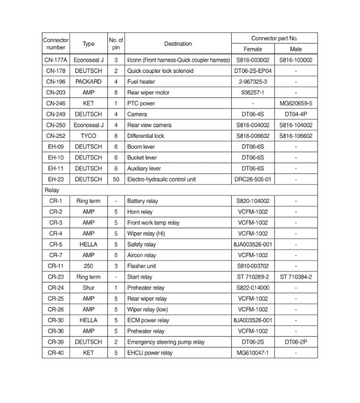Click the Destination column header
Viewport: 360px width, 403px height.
pos(178,44)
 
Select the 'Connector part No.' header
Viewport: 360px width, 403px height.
pos(274,38)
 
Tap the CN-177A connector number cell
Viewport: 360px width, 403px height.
pos(55,60)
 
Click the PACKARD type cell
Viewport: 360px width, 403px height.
pos(89,82)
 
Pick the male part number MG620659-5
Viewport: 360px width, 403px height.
pos(296,103)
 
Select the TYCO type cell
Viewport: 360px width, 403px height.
pos(89,136)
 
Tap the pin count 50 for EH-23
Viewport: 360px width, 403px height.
pos(116,179)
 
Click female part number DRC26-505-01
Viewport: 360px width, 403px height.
pos(253,179)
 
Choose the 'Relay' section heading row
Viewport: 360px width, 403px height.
pos(52,190)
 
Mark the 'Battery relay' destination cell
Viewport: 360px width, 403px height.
pos(142,201)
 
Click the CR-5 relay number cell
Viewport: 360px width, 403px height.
pos(55,245)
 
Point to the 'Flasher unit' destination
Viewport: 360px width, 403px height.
pos(142,266)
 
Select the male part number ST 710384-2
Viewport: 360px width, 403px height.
pos(296,277)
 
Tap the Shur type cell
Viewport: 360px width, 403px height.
pos(89,288)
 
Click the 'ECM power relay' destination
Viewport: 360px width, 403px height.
pos(148,320)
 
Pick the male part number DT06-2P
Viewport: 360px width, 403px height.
pos(296,342)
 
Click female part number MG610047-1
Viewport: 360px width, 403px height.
pos(253,353)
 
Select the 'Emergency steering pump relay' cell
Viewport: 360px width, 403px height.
pos(165,342)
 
